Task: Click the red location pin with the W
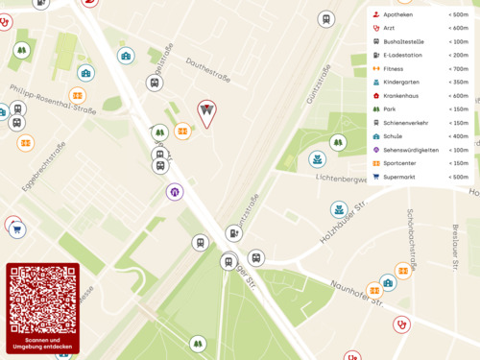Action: (x=206, y=112)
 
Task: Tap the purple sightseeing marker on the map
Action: (x=175, y=192)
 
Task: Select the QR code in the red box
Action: (x=42, y=300)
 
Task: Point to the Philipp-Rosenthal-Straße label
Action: (x=54, y=100)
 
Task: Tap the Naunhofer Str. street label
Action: (x=357, y=293)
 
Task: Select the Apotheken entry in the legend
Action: (x=398, y=15)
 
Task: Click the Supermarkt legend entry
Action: (x=400, y=177)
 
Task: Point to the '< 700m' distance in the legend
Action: (x=457, y=69)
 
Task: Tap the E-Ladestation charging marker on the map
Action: (x=234, y=232)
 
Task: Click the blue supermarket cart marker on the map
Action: (x=17, y=230)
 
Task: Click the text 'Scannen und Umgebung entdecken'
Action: (x=42, y=343)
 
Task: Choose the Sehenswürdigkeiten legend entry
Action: (x=411, y=150)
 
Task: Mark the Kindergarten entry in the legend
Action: (x=401, y=83)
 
